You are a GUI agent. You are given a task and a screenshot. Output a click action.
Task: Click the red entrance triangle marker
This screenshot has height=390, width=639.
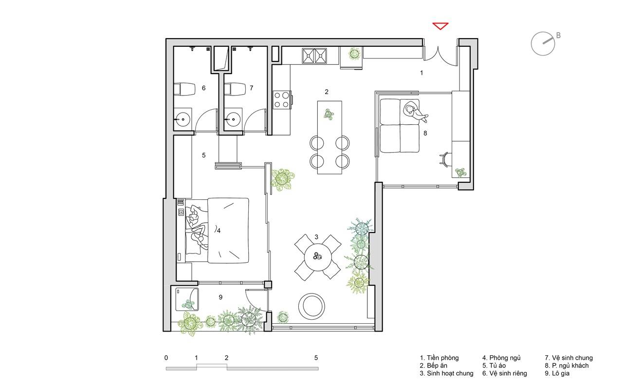click(x=440, y=25)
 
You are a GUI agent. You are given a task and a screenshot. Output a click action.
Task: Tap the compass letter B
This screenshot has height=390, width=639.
click(x=558, y=36)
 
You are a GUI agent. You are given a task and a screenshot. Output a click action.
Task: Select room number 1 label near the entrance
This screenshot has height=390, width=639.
click(x=421, y=73)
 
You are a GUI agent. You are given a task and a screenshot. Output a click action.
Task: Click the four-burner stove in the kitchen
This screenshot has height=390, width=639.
click(x=282, y=100)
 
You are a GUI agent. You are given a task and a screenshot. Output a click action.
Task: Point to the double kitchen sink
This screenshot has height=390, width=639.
click(x=314, y=56)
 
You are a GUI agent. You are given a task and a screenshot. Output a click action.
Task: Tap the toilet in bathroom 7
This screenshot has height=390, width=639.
click(x=235, y=89)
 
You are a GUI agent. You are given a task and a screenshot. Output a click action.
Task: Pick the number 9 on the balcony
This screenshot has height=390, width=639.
click(x=220, y=297)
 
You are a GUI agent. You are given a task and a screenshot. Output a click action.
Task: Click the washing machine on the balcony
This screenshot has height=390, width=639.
click(x=187, y=299)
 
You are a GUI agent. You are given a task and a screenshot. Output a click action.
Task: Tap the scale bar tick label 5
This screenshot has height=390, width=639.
click(x=316, y=358)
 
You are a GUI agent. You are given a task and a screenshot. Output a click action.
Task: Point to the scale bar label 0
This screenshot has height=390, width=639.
click(x=166, y=358)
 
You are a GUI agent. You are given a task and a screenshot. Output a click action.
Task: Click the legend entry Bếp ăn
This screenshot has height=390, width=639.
click(x=434, y=366)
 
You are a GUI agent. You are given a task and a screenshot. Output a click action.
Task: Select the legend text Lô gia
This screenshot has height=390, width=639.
click(x=557, y=373)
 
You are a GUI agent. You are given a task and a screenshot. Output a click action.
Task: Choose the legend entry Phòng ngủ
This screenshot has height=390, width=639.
click(x=501, y=358)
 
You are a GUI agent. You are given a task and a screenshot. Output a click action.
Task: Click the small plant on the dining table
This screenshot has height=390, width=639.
click(x=329, y=114)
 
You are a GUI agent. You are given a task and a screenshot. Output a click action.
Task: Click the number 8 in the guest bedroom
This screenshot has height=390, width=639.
click(x=425, y=133)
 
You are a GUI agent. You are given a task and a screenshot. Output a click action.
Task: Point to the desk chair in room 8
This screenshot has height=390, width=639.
click(x=444, y=159)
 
